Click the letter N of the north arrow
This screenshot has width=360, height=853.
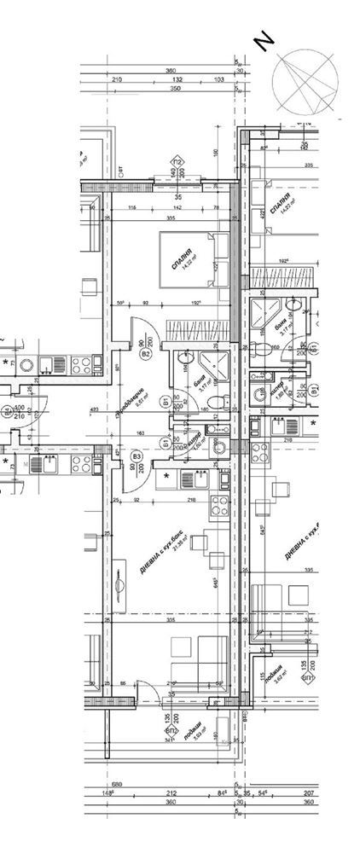tap(265, 40)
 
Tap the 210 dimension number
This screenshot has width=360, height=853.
tap(117, 78)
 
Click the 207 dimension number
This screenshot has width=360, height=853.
tap(309, 793)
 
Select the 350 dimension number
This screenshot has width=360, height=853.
tap(177, 88)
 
